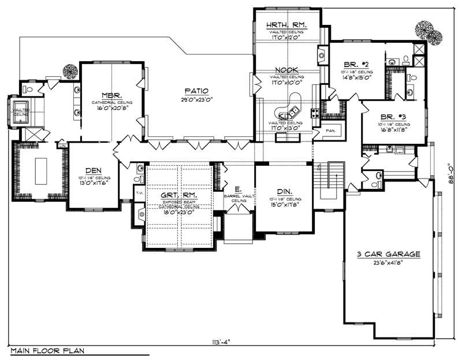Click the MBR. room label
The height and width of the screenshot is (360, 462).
tap(111, 95)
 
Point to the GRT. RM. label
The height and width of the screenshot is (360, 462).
tap(180, 195)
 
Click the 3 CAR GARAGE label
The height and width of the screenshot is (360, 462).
tap(388, 254)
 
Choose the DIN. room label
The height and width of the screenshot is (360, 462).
tap(284, 191)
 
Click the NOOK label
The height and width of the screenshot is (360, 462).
tap(285, 70)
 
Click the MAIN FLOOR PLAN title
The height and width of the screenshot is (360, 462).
tap(43, 350)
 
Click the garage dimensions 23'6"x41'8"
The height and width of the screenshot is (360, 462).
tap(388, 263)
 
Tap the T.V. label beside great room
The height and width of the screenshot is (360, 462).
tap(139, 192)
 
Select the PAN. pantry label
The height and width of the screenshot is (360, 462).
tap(331, 131)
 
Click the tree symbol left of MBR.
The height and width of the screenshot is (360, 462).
tap(70, 71)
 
